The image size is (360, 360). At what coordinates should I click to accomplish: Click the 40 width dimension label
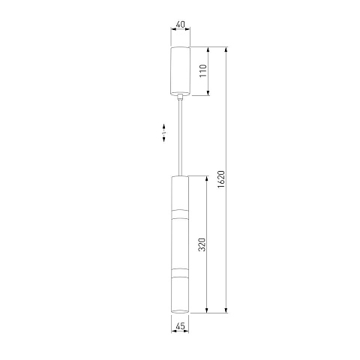180,25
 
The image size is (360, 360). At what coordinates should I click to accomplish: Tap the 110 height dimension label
203,70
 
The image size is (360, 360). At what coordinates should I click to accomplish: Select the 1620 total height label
221,179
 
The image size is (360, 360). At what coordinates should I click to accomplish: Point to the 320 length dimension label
202,244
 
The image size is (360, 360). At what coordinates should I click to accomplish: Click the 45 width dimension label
180,326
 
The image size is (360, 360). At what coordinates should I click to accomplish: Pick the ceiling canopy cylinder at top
180,71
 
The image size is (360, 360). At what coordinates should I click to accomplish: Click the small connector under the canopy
180,97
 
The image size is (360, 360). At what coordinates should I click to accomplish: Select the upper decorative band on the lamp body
180,214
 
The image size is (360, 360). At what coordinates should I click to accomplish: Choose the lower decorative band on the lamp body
180,273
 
